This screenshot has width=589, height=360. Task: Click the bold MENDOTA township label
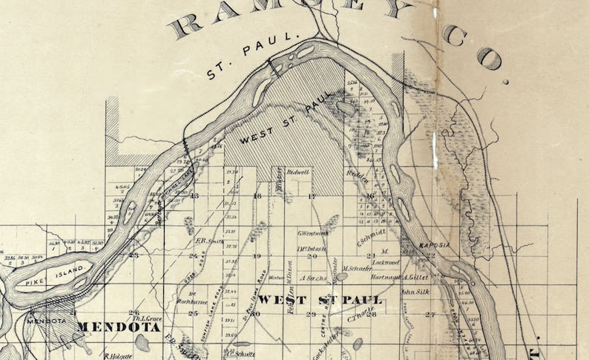(x=108, y=327)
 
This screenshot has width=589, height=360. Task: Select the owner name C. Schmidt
(x=371, y=236)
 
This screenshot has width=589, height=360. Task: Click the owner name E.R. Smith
(x=209, y=240)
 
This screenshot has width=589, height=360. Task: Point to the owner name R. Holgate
(x=118, y=354)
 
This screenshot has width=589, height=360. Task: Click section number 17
(x=312, y=196)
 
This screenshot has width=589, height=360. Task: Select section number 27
(x=430, y=315)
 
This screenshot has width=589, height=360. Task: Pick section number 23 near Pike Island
(x=134, y=255)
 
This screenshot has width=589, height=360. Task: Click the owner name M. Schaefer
(x=357, y=268)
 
